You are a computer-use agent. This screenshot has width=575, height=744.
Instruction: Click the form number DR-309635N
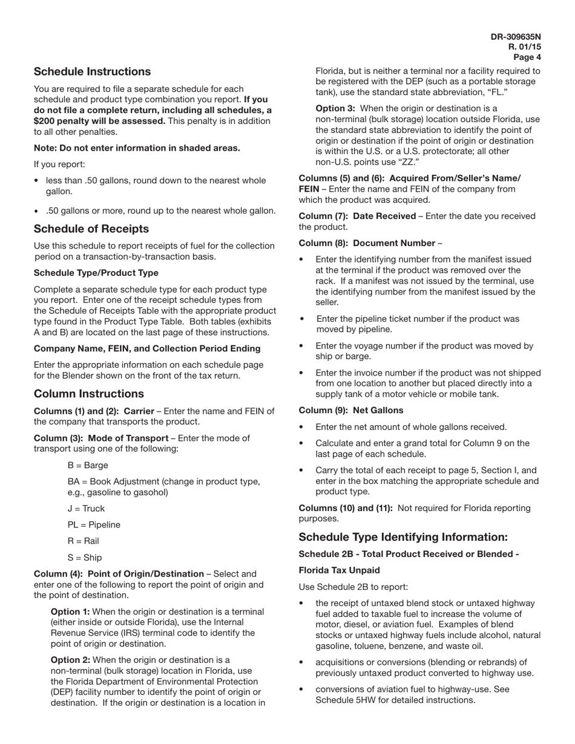pos(516,37)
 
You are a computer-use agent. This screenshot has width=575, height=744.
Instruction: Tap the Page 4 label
pos(527,57)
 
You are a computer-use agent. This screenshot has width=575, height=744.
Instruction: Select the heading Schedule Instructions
pos(92,71)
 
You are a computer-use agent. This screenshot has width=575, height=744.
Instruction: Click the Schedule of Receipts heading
pos(91,229)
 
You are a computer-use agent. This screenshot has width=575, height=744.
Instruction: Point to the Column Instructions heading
pos(88,394)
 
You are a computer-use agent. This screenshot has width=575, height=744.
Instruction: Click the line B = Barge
pos(88,465)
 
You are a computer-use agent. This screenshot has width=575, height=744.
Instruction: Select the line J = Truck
pos(86,508)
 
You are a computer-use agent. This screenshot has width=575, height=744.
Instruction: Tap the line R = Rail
pos(83,541)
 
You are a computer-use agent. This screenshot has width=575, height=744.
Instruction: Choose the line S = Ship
pos(85,557)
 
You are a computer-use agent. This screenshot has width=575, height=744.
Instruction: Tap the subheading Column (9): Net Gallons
pos(351,410)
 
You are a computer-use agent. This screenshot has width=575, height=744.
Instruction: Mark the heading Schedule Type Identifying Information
pos(403,537)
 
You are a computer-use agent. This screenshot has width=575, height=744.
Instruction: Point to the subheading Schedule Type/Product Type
pos(96,273)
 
